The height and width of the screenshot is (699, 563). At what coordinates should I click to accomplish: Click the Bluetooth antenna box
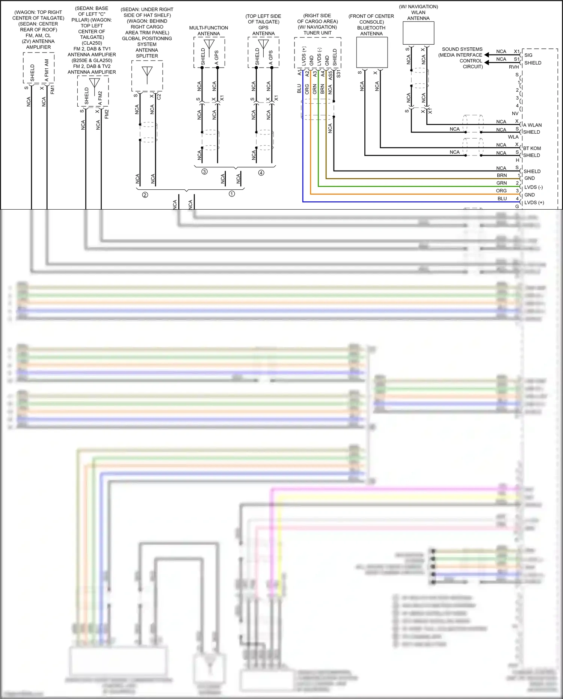371,52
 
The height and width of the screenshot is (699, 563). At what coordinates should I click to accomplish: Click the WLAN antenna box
418,33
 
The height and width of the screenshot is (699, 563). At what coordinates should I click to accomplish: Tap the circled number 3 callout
204,172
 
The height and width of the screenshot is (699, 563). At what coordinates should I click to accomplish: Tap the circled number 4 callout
261,173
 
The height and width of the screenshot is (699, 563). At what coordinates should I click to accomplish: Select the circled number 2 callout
145,195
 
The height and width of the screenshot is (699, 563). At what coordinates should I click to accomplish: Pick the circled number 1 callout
232,194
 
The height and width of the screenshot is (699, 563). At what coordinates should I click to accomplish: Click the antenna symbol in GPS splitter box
147,71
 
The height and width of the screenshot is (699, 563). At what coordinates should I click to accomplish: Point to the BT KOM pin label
532,148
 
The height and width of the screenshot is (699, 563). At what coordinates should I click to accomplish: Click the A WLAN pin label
533,125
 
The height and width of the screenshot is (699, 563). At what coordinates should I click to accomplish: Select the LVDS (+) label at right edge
534,202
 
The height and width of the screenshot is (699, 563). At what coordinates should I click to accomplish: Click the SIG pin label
528,55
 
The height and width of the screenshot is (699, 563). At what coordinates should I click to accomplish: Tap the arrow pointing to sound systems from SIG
487,55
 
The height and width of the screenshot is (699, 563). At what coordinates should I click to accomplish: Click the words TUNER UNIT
317,33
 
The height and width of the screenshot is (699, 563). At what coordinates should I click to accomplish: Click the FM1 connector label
53,89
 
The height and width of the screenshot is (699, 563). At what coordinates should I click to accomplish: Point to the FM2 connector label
107,114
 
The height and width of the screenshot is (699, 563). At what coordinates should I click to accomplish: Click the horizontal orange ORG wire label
501,191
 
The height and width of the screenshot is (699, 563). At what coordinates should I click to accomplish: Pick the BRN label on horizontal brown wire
502,175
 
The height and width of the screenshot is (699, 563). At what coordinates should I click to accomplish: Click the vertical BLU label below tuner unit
299,89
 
